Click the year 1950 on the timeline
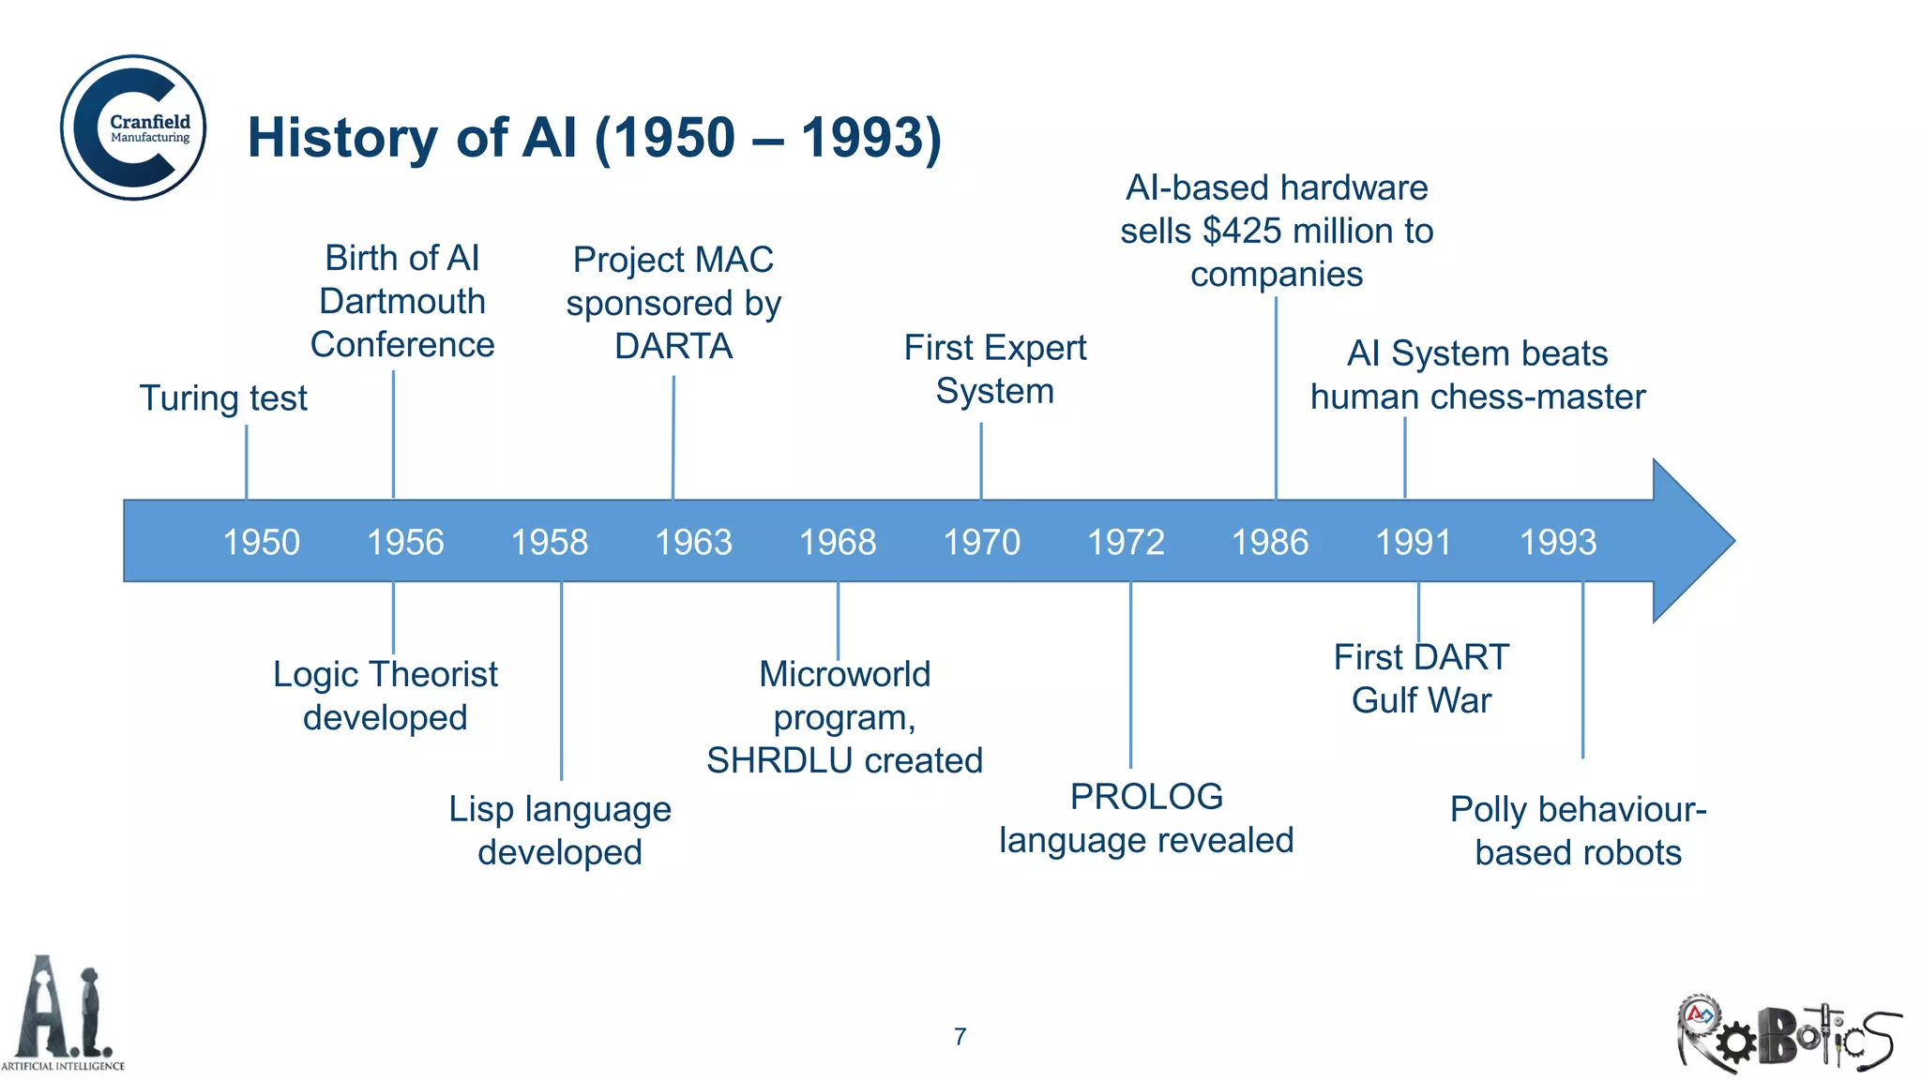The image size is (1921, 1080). pyautogui.click(x=261, y=542)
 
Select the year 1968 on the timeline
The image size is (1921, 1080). pyautogui.click(x=837, y=542)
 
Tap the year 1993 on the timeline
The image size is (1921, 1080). pyautogui.click(x=1557, y=542)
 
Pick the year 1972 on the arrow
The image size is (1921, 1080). pyautogui.click(x=1125, y=542)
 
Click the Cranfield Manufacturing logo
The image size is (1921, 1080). pyautogui.click(x=133, y=127)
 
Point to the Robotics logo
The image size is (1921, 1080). pyautogui.click(x=1788, y=1032)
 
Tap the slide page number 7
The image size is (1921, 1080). pyautogui.click(x=960, y=1036)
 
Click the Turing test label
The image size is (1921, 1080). pyautogui.click(x=223, y=398)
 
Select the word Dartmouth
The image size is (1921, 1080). pyautogui.click(x=402, y=302)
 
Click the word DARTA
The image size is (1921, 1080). pyautogui.click(x=673, y=347)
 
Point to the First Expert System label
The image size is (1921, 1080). pyautogui.click(x=994, y=369)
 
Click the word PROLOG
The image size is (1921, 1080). pyautogui.click(x=1146, y=797)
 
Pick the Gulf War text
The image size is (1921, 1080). pyautogui.click(x=1421, y=700)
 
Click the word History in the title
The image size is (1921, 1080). pyautogui.click(x=342, y=138)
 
